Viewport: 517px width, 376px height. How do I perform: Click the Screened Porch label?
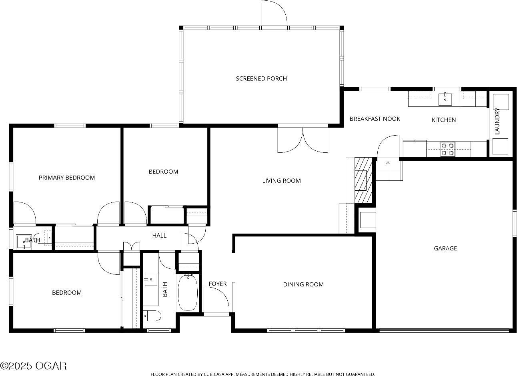coord(261,78)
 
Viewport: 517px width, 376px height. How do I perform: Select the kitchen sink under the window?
coord(445,99)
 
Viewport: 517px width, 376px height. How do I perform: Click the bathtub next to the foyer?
coord(188,292)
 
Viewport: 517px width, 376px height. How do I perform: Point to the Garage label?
coord(445,248)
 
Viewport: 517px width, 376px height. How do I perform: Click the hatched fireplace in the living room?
coord(363,180)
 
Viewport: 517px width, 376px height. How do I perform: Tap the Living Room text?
coord(281,181)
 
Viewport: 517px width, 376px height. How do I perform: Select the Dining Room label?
coord(303,284)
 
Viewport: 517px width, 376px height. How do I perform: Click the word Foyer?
coord(218,284)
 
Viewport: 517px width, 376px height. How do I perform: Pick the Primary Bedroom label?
coord(67,178)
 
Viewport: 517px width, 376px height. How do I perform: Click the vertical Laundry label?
coord(497,121)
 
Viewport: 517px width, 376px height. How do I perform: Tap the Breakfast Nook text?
coord(375,119)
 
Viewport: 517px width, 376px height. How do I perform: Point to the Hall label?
coord(159,236)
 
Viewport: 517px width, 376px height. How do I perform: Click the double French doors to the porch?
coord(303,140)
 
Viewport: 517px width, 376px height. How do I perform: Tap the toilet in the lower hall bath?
coord(152,316)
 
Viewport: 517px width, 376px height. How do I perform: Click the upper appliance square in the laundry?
coord(500,102)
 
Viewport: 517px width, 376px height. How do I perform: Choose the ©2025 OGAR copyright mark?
coord(33,366)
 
